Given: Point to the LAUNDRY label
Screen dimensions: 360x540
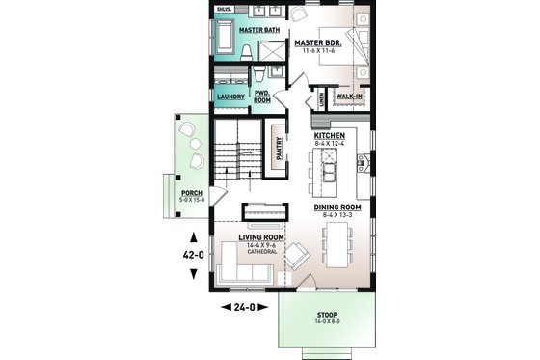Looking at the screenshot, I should coord(230,97).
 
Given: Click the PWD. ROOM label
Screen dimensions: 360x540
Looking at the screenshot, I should coord(261,96).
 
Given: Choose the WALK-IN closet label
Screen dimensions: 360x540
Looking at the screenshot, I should coord(350,97).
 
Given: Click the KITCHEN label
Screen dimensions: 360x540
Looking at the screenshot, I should coord(329,136).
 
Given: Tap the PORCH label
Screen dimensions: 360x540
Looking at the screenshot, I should coord(192,193).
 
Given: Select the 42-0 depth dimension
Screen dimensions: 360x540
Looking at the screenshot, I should coord(194,255).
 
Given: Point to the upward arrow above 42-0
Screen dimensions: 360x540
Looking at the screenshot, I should coord(194,235).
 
